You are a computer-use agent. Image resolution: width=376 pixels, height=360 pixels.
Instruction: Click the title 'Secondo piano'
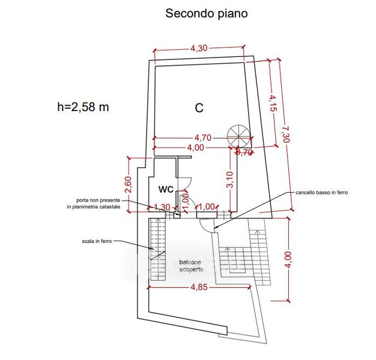pyautogui.click(x=206, y=13)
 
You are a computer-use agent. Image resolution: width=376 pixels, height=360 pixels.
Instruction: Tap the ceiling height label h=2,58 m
pyautogui.click(x=83, y=107)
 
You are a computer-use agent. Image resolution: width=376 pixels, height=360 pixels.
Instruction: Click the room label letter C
pyautogui.click(x=199, y=108)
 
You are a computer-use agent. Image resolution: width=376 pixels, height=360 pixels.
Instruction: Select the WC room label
pyautogui.click(x=166, y=190)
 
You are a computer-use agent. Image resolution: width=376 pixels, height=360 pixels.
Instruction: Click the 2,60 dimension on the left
pyautogui.click(x=128, y=184)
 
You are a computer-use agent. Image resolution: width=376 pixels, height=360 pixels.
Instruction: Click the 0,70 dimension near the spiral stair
pyautogui.click(x=244, y=152)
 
